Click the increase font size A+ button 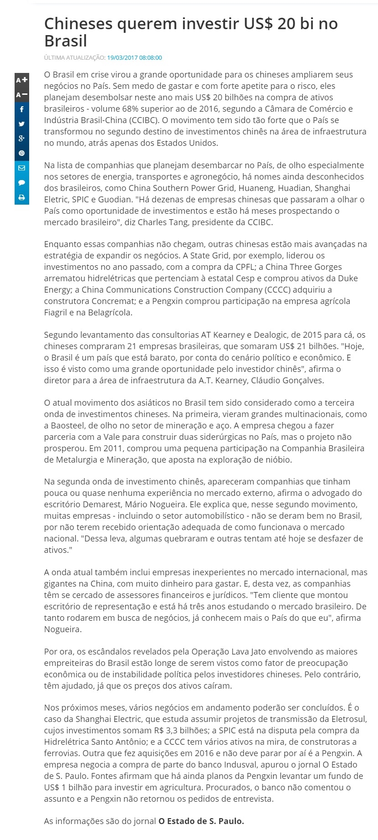click(21, 80)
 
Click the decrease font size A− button click(21, 95)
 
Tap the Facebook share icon click(21, 109)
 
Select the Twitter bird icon click(21, 124)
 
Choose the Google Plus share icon click(21, 139)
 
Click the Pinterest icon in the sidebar click(21, 154)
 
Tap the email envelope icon click(21, 168)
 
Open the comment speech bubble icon click(21, 183)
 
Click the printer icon click(21, 197)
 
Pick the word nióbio click(275, 459)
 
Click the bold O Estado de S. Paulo click(201, 821)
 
